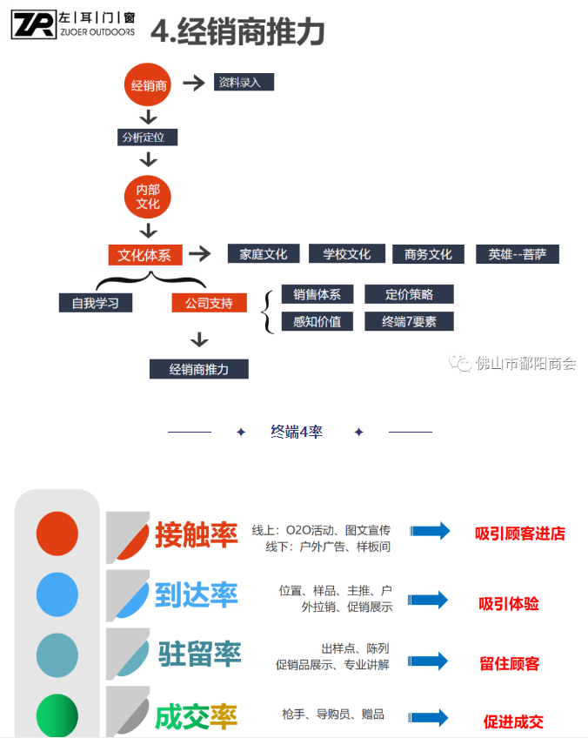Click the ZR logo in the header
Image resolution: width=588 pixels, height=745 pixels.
(33, 24)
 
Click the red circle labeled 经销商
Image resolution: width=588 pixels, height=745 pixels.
(149, 85)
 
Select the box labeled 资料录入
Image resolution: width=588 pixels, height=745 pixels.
(244, 82)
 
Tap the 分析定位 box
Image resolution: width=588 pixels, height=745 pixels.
(148, 137)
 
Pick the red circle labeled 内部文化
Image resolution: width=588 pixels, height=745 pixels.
(148, 197)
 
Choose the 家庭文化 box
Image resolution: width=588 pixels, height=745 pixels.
(263, 254)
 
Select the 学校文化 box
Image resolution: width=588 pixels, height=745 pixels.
(346, 254)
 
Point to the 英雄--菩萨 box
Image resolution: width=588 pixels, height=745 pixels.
(517, 254)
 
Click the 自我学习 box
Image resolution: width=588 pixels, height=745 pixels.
(95, 303)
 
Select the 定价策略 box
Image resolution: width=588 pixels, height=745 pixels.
(409, 294)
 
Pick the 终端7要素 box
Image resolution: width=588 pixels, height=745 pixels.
(409, 321)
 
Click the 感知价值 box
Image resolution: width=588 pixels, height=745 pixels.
(317, 321)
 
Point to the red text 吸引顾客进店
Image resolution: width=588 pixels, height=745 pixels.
(520, 533)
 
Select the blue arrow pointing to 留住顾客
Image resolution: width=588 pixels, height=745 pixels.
(429, 661)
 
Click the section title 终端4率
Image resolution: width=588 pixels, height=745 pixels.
(297, 432)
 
